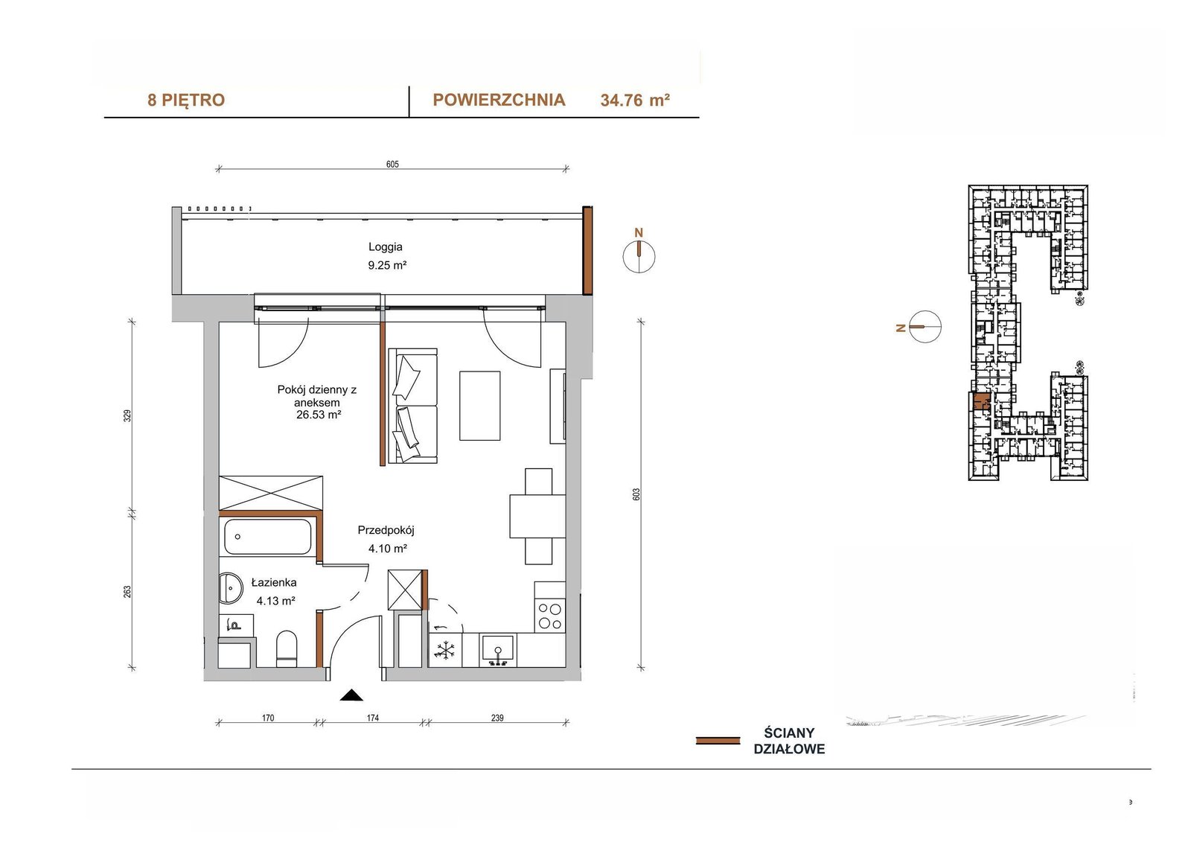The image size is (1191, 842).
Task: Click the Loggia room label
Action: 386,247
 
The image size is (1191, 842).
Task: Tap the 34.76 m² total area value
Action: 635,100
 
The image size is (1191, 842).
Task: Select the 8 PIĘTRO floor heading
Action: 186,100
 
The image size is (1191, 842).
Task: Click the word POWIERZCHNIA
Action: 499,100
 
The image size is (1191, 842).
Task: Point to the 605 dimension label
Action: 392,165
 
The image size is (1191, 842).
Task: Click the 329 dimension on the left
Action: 127,416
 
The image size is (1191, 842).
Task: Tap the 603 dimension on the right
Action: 636,494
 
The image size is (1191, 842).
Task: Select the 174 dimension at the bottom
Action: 373,718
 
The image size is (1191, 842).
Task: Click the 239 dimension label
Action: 497,718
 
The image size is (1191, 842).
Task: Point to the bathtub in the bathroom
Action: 268,537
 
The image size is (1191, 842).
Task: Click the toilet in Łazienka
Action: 287,649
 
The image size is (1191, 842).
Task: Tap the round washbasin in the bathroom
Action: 231,588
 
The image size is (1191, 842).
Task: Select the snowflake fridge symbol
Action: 445,650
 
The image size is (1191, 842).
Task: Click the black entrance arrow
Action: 351,695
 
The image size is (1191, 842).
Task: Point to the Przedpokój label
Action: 386,530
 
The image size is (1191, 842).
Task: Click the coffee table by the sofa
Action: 479,406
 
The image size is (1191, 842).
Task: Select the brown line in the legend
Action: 718,741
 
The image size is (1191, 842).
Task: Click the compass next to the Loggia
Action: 639,256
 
